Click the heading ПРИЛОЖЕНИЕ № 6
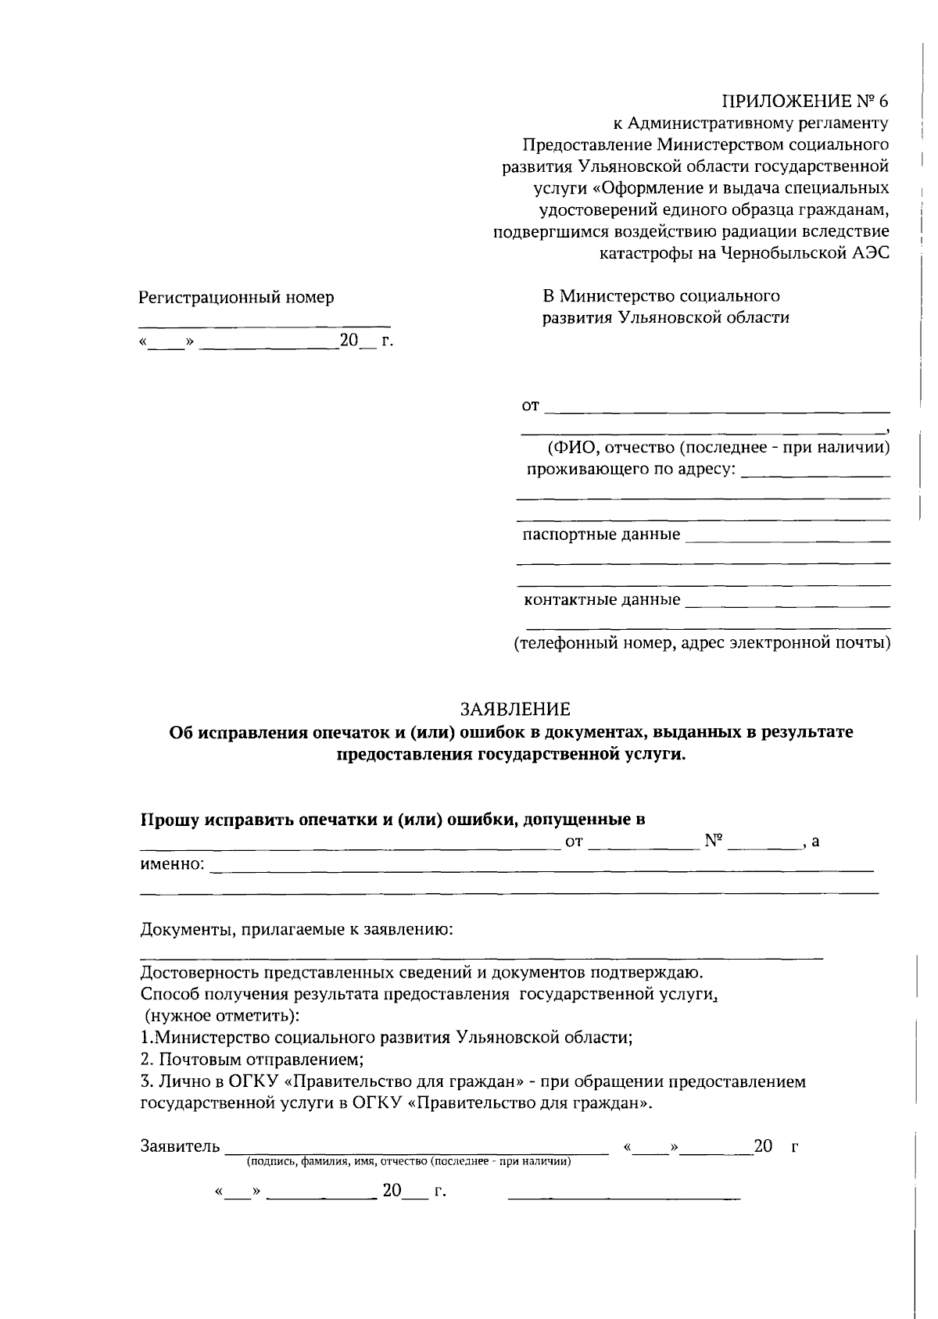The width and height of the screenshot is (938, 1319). point(805,101)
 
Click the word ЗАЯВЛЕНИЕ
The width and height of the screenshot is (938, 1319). point(515,709)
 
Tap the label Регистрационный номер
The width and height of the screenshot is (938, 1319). point(236,298)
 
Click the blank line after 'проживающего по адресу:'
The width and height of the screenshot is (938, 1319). point(815,475)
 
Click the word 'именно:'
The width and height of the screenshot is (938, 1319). point(172,864)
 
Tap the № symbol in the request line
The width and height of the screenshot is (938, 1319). point(714,841)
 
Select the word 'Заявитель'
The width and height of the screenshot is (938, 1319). point(180,1146)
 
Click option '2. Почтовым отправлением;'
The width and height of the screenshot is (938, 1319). point(252,1060)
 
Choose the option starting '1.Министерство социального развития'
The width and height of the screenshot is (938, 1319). point(386,1038)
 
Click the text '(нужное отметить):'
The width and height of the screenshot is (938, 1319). point(221,1016)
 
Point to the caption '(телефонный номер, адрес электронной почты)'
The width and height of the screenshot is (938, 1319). point(702,643)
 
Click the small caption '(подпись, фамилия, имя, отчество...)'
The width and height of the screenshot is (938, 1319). point(409,1162)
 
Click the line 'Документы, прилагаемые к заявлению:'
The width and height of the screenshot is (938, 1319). point(296,930)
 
